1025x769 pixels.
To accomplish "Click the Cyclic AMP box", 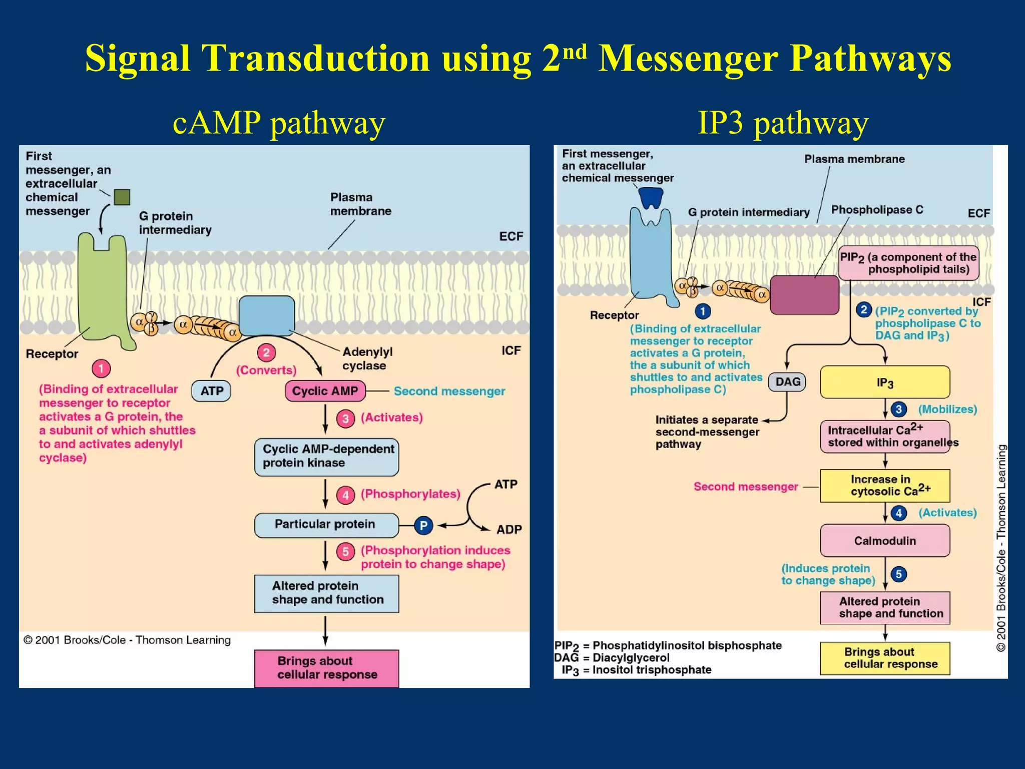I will tap(325, 391).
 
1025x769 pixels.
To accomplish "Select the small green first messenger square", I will tap(122, 197).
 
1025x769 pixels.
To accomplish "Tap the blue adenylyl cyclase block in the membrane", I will tap(266, 315).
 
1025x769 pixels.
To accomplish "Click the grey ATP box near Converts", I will tap(211, 391).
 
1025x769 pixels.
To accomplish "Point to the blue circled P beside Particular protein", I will tap(423, 525).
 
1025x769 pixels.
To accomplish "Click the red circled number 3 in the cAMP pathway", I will tap(345, 419).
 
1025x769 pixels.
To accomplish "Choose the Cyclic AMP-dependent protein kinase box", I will tap(326, 457).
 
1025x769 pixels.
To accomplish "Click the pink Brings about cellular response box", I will tap(326, 668).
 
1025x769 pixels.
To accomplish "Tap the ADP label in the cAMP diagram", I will tap(508, 530).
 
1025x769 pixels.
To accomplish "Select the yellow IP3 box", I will tap(884, 382).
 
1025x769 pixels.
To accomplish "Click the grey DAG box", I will tap(787, 382).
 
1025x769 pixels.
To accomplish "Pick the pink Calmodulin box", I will tap(884, 541).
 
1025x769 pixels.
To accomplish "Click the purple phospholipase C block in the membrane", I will tap(804, 295).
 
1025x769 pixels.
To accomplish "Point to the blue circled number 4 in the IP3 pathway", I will tap(899, 513).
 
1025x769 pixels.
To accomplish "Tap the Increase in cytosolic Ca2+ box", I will tap(884, 486).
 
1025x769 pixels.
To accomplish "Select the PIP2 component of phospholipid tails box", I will tap(908, 263).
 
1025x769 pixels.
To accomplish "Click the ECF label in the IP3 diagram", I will tap(978, 213).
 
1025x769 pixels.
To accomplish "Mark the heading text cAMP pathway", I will tap(279, 123).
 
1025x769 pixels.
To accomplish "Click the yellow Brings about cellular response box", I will tap(884, 658).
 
